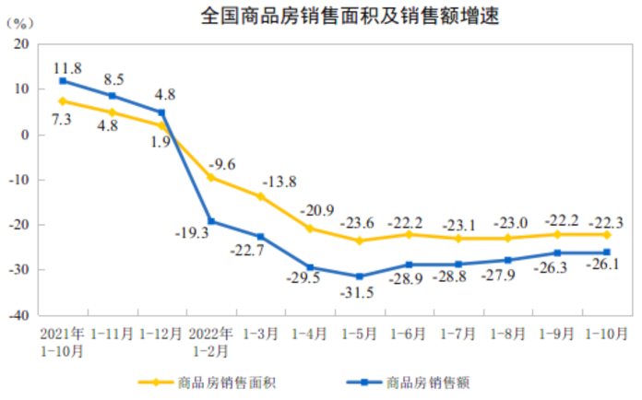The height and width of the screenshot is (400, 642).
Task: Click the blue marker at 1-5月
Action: click(360, 276)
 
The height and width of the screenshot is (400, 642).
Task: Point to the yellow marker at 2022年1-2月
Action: click(211, 177)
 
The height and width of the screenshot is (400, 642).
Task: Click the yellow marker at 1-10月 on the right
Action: click(607, 235)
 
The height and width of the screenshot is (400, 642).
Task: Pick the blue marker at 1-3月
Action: click(261, 237)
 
